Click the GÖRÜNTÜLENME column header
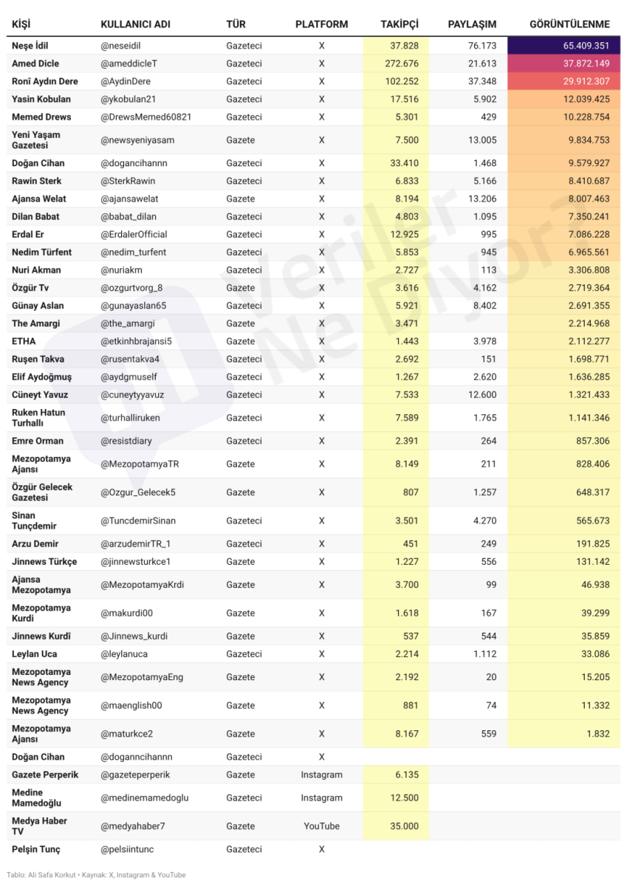tap(569, 24)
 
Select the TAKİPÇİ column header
tap(399, 24)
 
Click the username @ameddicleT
tap(129, 63)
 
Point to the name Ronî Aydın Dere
tap(44, 81)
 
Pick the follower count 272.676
tap(402, 63)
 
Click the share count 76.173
tap(482, 46)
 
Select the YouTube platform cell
tap(321, 826)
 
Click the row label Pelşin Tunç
tap(36, 849)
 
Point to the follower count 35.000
tap(404, 826)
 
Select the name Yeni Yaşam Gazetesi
tap(36, 140)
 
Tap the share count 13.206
tap(482, 199)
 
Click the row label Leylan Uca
tap(34, 654)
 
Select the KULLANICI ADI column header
tap(135, 24)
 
